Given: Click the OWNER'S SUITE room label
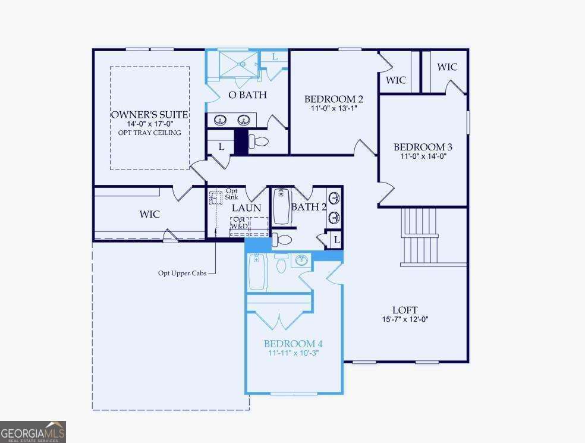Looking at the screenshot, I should pyautogui.click(x=150, y=114).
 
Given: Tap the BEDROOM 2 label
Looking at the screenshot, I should pyautogui.click(x=334, y=99).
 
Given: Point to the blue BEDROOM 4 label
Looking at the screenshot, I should pyautogui.click(x=293, y=344).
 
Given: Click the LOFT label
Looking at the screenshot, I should pyautogui.click(x=405, y=310).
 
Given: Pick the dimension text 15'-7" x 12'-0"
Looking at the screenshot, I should pyautogui.click(x=405, y=319).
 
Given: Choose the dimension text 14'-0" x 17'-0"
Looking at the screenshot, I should pyautogui.click(x=150, y=124).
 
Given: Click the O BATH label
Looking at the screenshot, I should pyautogui.click(x=247, y=95).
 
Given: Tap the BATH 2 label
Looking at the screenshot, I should pyautogui.click(x=309, y=207).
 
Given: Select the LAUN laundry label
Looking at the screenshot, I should pyautogui.click(x=246, y=208).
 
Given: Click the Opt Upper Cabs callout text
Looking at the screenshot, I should pyautogui.click(x=182, y=273).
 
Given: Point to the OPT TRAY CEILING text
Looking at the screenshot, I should pyautogui.click(x=150, y=133).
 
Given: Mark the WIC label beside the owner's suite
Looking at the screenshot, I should pyautogui.click(x=150, y=214).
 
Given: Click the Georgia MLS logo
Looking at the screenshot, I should pyautogui.click(x=33, y=432).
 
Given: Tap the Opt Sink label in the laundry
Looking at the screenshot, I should pyautogui.click(x=231, y=194).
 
